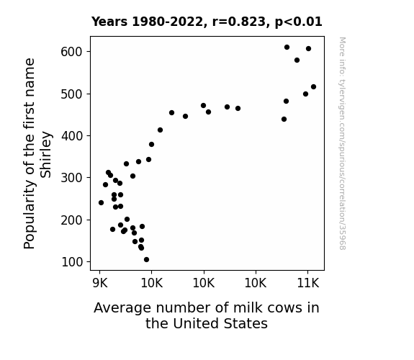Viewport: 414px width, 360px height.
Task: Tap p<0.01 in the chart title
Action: click(x=299, y=22)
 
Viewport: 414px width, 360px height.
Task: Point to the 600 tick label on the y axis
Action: click(x=72, y=52)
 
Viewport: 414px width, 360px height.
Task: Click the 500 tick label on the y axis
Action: click(x=72, y=94)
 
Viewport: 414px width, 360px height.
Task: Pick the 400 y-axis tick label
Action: click(x=72, y=136)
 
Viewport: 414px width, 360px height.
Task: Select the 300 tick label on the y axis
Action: click(x=72, y=178)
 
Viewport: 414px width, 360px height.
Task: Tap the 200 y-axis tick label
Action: click(x=72, y=220)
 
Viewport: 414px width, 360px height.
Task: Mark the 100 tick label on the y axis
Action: click(x=72, y=262)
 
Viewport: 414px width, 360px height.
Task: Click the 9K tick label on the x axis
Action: click(x=100, y=283)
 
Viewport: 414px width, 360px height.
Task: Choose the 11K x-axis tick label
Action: click(x=308, y=283)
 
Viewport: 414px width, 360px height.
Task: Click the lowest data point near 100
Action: click(x=147, y=260)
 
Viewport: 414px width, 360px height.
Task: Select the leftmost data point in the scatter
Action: click(x=101, y=202)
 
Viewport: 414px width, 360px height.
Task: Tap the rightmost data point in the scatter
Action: click(x=313, y=86)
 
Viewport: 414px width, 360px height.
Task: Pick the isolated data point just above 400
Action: click(x=160, y=130)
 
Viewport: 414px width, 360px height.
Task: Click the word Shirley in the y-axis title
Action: click(x=45, y=155)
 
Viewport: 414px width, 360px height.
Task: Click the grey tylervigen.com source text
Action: click(x=342, y=143)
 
